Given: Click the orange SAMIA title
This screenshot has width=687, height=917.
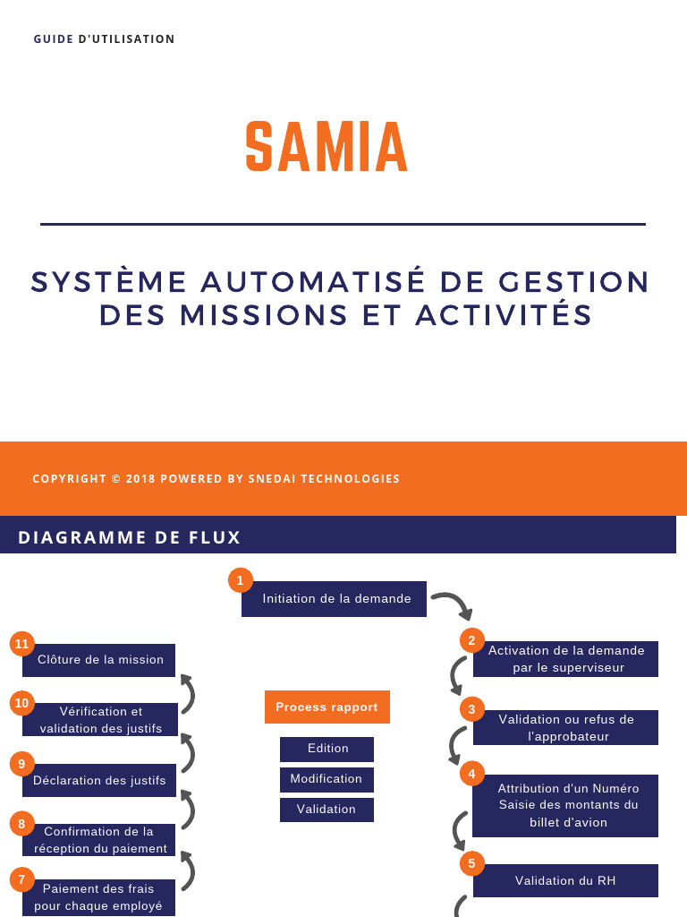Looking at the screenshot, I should point(327,147).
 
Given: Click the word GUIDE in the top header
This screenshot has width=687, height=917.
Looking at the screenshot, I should point(54,39).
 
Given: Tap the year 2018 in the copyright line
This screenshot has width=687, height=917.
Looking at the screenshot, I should point(140,479).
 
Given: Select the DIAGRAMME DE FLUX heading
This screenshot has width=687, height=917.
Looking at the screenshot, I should point(130,537).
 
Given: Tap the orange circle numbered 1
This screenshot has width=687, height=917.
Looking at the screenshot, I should point(240,580).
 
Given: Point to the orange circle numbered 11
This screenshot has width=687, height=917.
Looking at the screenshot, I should point(21,644).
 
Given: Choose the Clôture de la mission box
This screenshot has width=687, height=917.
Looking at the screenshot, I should point(100,660).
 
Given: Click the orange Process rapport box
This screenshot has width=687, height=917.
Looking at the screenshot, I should point(327,707).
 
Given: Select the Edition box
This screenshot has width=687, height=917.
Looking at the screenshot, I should point(327,749).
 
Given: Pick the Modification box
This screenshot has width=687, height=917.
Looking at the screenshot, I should point(327,779).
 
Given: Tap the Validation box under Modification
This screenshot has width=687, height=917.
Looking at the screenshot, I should point(327,810).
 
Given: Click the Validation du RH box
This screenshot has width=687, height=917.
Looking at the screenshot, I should point(565,881).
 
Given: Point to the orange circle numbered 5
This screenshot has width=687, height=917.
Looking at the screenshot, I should point(471,864).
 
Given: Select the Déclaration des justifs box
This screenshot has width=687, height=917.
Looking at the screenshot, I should point(99,781).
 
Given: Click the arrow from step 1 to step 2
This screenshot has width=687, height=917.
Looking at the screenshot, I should point(453,604).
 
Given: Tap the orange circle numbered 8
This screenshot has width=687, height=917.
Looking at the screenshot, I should point(21,823).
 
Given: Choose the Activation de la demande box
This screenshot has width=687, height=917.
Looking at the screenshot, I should point(566,659).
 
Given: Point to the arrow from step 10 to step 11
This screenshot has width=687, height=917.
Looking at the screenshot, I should point(188,693).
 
